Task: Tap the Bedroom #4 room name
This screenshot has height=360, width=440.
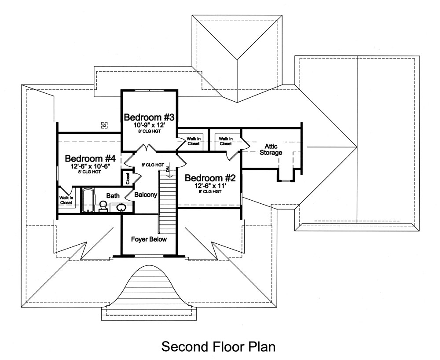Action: point(90,158)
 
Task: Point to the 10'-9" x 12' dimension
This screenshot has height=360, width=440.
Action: point(150,125)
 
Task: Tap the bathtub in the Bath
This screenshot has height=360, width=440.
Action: point(88,201)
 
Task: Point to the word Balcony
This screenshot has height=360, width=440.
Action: point(146,195)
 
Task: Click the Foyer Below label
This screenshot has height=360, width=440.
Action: point(150,239)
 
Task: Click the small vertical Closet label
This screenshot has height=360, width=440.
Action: point(127,178)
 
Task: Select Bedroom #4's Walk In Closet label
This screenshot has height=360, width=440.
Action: point(66,200)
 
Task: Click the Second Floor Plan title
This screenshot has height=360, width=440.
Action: point(218,346)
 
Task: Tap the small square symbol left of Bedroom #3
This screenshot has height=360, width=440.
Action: point(104,125)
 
